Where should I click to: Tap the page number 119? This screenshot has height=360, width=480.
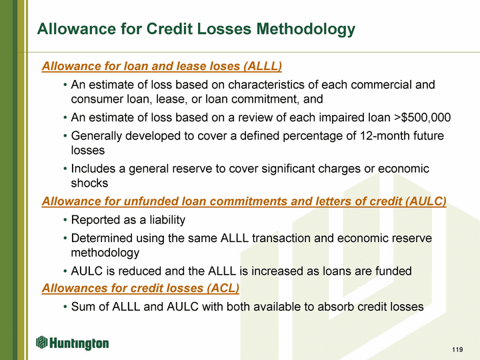457,349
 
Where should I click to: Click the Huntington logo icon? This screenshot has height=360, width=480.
41,342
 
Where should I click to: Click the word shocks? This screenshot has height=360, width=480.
89,183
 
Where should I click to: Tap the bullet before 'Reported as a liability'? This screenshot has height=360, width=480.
65,221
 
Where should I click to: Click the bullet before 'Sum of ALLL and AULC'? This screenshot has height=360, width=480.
65,307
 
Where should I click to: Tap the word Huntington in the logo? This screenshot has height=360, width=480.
79,343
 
